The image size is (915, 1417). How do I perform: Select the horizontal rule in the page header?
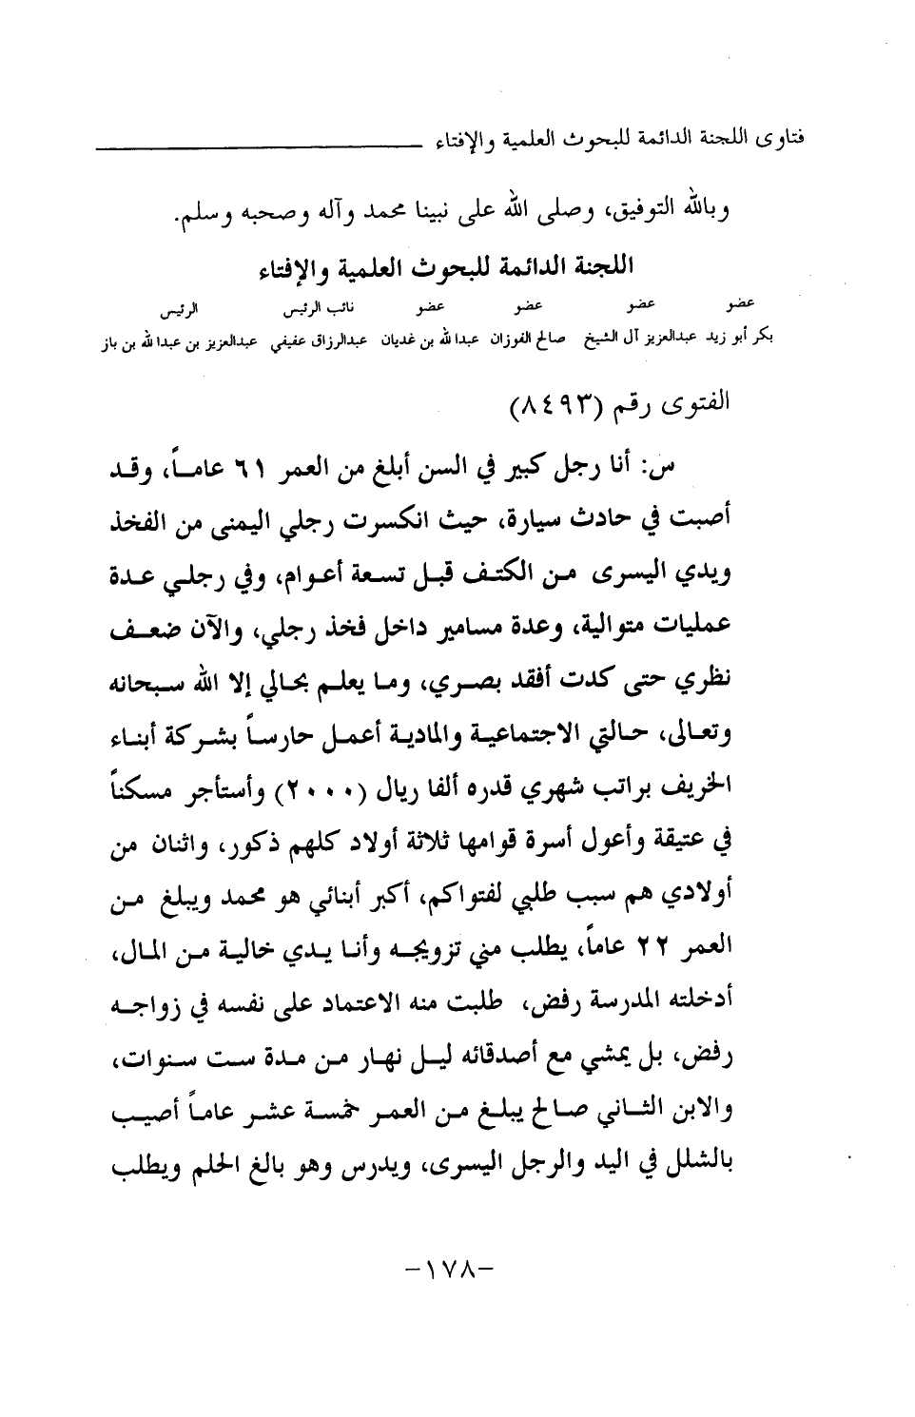click(255, 147)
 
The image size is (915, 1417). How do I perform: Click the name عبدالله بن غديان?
click(429, 338)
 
